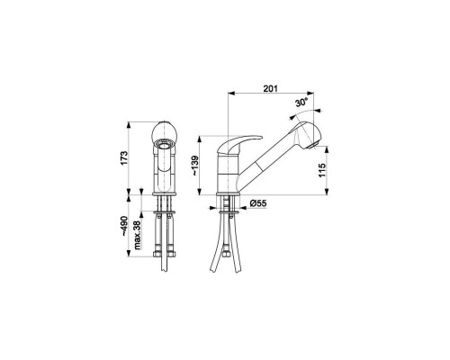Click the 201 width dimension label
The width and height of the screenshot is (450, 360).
pyautogui.click(x=271, y=88)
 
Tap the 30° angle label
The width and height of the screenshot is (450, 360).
pyautogui.click(x=301, y=103)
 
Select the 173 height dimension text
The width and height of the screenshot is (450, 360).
pyautogui.click(x=124, y=157)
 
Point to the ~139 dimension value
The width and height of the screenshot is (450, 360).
pyautogui.click(x=195, y=166)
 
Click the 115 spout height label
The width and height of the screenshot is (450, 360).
pyautogui.click(x=322, y=170)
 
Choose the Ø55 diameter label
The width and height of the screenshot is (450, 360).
pyautogui.click(x=257, y=203)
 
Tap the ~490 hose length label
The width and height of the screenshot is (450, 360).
pyautogui.click(x=124, y=226)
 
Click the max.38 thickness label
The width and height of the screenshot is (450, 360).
pyautogui.click(x=138, y=235)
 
